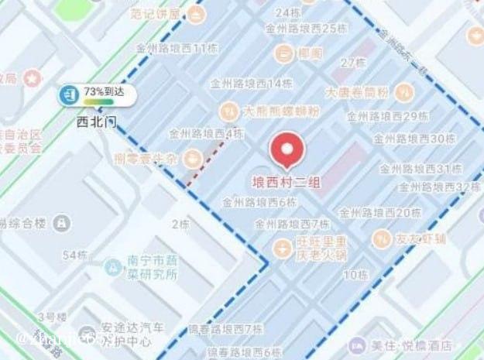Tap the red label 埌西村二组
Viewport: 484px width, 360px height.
point(287,183)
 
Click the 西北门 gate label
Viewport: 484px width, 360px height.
point(96,122)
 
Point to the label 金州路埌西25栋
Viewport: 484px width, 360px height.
point(306,29)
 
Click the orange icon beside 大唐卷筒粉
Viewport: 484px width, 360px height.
point(404,92)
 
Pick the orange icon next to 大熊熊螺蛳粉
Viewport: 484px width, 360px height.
point(228,109)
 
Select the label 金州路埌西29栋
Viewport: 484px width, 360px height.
point(387,117)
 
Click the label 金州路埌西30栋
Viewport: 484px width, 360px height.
point(414,139)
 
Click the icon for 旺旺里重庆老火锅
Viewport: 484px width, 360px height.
point(283,247)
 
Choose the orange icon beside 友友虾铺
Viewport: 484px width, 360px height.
point(381,238)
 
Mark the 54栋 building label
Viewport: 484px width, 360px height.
point(74,255)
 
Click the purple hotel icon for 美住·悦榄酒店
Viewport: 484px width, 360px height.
point(356,345)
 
